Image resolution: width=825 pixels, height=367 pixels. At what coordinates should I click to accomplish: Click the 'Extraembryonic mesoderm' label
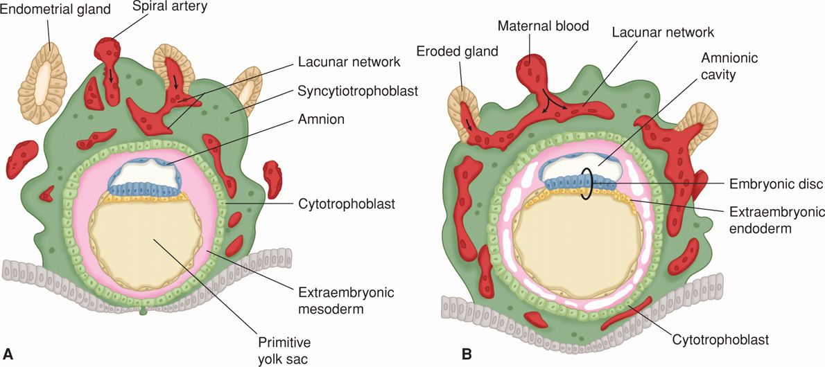[342, 301]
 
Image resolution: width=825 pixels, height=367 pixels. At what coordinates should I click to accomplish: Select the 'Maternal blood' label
[543, 27]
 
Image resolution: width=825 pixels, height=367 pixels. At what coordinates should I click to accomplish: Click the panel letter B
[467, 354]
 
